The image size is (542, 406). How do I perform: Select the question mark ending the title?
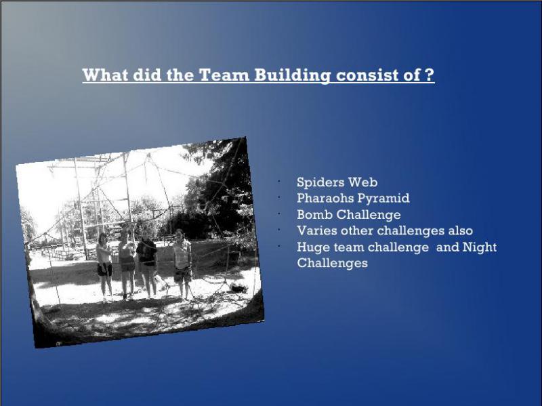click(430, 75)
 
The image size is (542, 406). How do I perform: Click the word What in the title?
click(105, 75)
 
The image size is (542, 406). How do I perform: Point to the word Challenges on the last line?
click(332, 264)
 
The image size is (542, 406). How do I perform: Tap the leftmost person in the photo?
click(104, 267)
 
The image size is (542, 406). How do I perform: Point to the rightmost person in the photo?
click(182, 264)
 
